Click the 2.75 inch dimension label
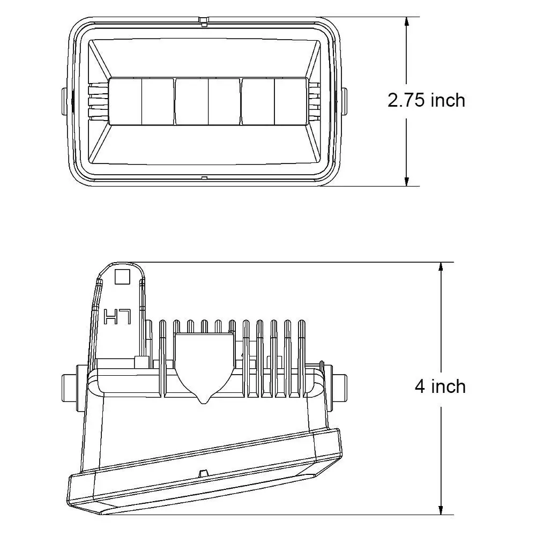[426, 101]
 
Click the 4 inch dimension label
[440, 386]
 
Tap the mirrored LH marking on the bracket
[117, 317]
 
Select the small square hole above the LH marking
[122, 277]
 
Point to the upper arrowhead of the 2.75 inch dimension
[406, 23]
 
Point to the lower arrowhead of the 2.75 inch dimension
[406, 181]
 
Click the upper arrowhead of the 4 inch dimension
[441, 268]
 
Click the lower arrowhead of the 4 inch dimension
[441, 509]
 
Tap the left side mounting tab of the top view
[65, 101]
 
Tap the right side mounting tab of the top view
[344, 101]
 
